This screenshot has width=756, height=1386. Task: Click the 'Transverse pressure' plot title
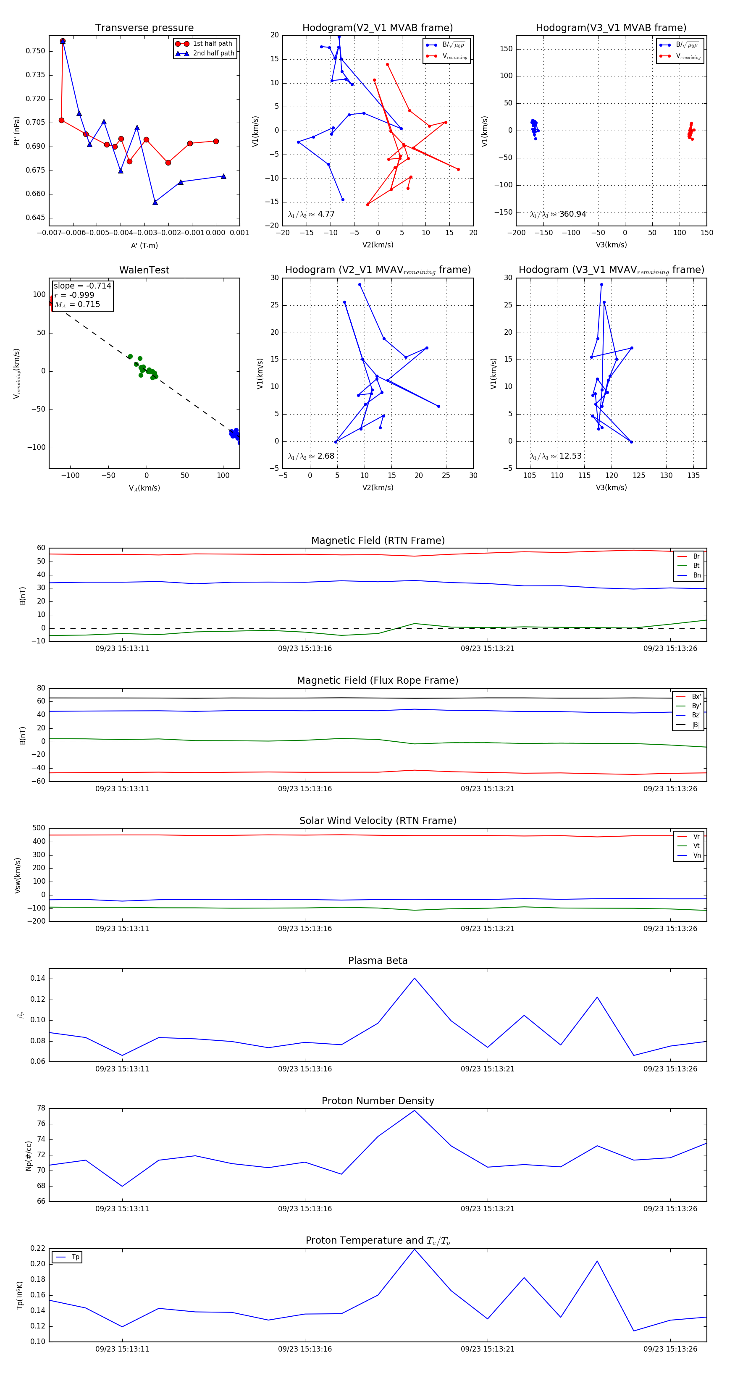click(x=144, y=28)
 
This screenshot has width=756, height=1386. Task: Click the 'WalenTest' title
click(x=144, y=270)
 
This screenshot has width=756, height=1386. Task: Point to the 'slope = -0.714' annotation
click(x=82, y=286)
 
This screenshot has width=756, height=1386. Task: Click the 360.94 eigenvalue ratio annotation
click(x=558, y=214)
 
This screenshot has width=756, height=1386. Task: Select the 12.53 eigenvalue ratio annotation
click(x=556, y=456)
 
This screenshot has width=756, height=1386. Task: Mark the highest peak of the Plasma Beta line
click(x=414, y=978)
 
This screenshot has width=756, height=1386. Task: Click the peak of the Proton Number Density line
click(x=414, y=1110)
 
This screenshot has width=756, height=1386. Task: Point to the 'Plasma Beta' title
click(x=378, y=961)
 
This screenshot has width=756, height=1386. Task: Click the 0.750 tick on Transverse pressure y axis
click(x=36, y=51)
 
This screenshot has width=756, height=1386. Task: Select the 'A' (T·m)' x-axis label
click(x=144, y=245)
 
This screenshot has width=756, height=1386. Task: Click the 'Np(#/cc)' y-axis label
click(x=29, y=1156)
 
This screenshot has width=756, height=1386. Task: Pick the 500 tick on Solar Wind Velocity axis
click(x=39, y=828)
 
